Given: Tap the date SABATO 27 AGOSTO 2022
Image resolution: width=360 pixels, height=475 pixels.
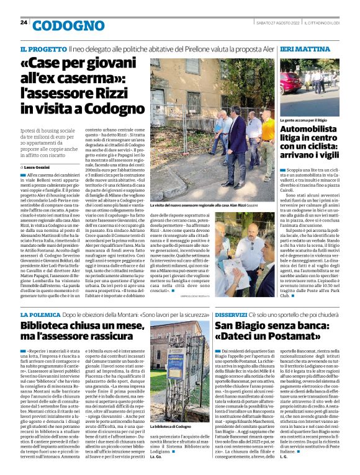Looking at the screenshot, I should point(277,23).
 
